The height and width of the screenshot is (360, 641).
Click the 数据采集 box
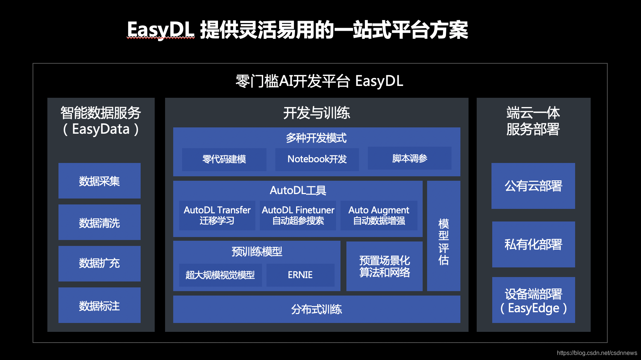point(99,181)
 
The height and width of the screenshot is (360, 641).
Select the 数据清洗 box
point(99,223)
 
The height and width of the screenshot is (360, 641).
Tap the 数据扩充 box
point(99,263)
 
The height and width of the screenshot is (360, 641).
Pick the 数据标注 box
point(99,306)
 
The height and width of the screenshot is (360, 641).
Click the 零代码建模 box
point(224,159)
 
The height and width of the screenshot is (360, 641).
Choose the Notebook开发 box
point(317,159)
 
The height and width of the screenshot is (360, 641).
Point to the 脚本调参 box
point(409,159)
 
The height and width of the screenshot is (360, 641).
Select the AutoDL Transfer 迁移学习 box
point(217,215)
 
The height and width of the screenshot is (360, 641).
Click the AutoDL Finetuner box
point(298,215)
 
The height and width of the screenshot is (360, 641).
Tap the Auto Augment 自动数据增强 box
point(379,215)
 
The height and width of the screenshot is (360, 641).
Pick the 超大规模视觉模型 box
point(220,275)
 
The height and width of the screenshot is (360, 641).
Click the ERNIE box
point(300,275)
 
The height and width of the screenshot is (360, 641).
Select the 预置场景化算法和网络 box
point(385,266)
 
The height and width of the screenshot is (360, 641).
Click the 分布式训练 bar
point(316,309)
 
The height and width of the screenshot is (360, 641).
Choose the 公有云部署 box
point(533,186)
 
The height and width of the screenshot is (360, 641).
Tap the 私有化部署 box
point(533,244)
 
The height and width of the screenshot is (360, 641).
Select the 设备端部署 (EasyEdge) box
point(533,300)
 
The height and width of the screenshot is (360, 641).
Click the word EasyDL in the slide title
point(160,30)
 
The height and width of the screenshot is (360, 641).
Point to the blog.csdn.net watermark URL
point(597,353)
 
